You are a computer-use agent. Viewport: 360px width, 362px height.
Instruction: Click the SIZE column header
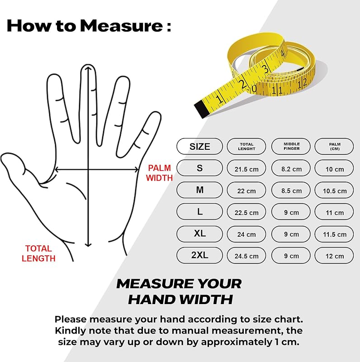tap(199, 146)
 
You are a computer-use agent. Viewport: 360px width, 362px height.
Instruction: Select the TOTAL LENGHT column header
tap(246, 146)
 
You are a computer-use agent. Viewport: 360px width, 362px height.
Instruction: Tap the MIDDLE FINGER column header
tap(291, 146)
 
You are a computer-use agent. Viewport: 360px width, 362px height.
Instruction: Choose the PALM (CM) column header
tap(334, 146)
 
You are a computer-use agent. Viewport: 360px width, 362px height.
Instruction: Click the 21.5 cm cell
tap(246, 168)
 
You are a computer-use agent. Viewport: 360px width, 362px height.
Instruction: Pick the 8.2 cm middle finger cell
tap(291, 168)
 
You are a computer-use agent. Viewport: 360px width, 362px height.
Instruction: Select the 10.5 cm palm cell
tap(334, 190)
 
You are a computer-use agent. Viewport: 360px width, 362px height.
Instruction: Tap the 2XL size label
tap(199, 255)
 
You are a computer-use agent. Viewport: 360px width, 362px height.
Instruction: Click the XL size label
tap(199, 233)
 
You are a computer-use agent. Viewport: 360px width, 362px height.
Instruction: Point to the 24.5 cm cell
tap(246, 255)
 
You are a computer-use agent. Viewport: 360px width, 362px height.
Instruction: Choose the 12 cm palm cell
tap(334, 255)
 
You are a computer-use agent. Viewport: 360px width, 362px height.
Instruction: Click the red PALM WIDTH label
tap(159, 173)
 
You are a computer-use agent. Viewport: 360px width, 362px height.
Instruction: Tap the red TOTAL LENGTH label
tap(38, 253)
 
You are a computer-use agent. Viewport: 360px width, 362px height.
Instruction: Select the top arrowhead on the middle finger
tap(88, 67)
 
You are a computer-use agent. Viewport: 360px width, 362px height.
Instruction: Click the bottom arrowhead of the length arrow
tap(88, 245)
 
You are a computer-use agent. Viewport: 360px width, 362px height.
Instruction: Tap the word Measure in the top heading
tap(122, 26)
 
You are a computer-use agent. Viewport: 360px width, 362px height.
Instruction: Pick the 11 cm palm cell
tap(334, 212)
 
